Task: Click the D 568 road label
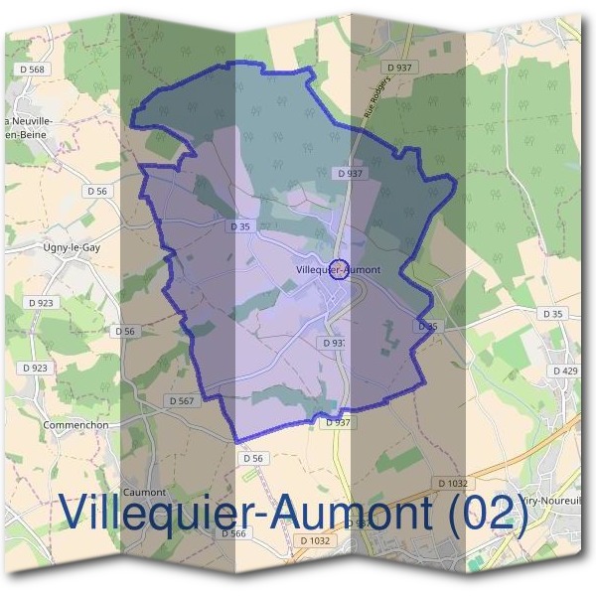point(32,70)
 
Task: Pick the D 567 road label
point(180,400)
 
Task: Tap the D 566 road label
point(234,533)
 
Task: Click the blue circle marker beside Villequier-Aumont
point(338,269)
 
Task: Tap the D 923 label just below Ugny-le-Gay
point(42,302)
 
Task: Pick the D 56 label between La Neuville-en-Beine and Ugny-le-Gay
point(96,191)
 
